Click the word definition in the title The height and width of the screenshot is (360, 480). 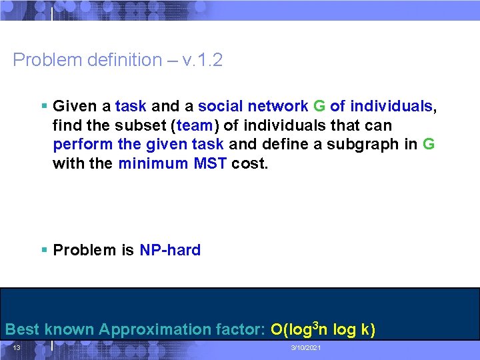tap(121, 60)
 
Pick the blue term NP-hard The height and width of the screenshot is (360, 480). tap(170, 250)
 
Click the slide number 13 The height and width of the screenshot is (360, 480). tap(17, 348)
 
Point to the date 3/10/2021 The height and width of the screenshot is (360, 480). tap(306, 349)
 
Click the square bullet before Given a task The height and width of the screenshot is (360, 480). tap(43, 106)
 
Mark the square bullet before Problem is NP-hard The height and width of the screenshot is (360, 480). tap(43, 250)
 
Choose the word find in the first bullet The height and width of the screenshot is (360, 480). tap(65, 125)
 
